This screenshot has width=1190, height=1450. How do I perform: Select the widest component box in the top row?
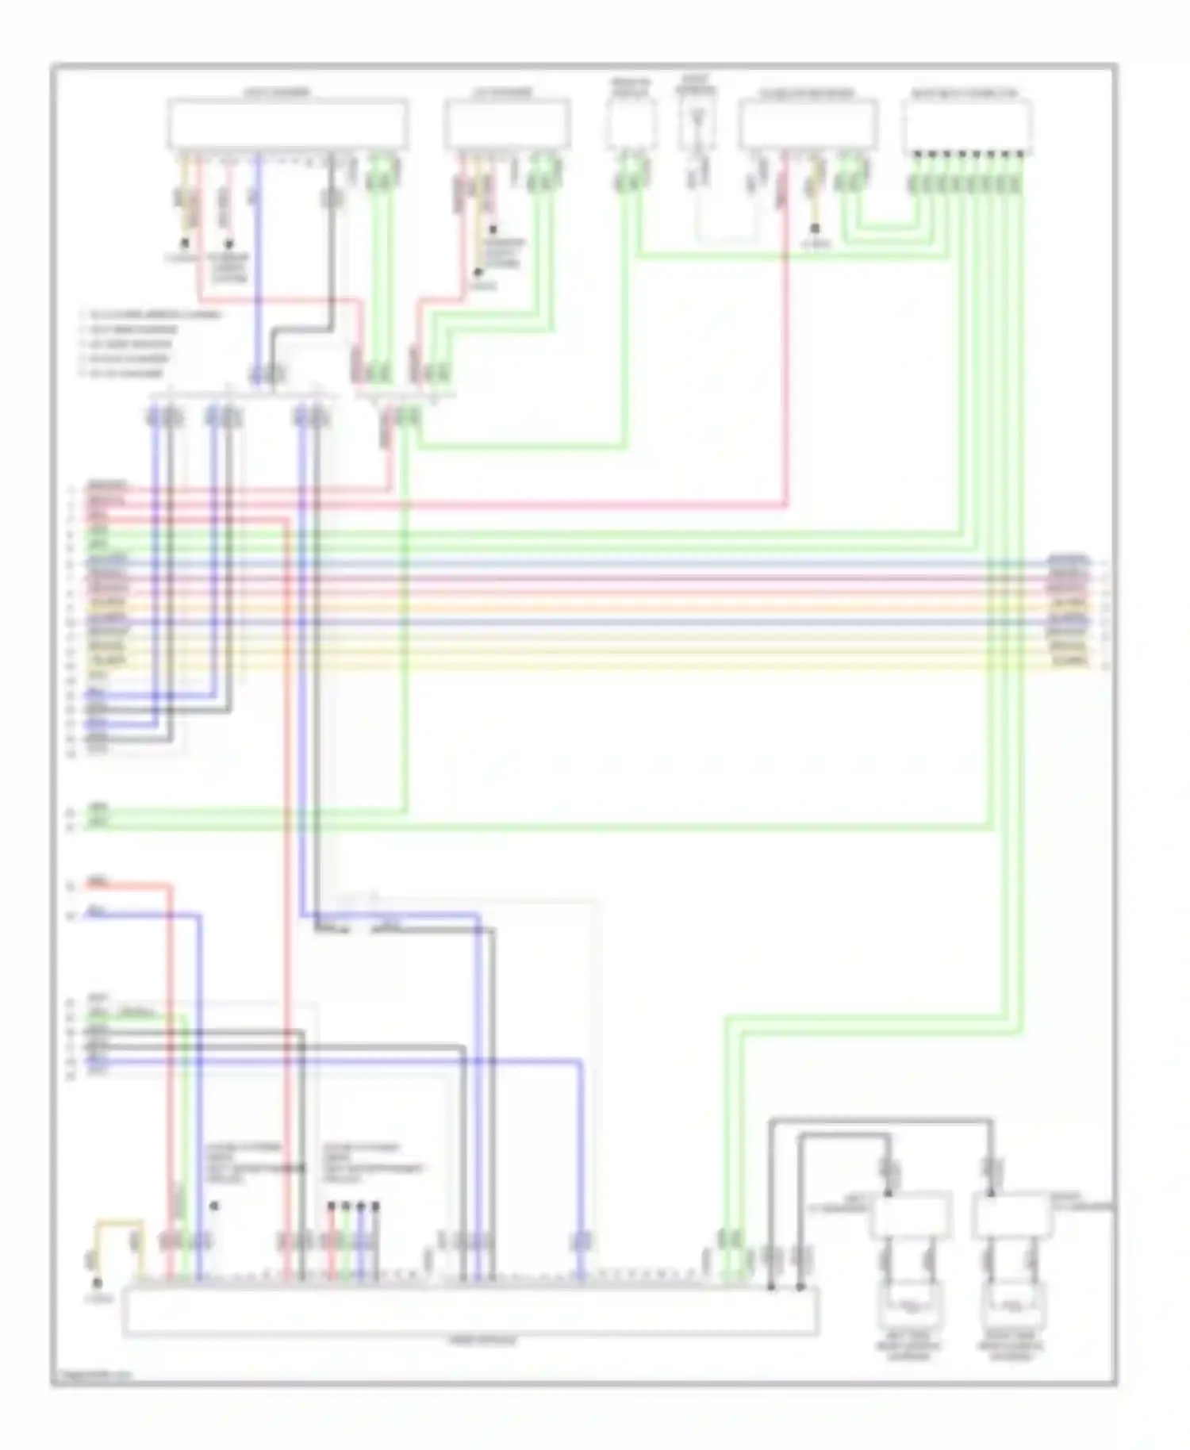[x=287, y=124]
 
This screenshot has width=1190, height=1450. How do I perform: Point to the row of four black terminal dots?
[x=353, y=1206]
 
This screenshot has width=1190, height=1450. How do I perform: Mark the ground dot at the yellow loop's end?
[x=98, y=1283]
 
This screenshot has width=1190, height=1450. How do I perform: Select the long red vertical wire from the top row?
[x=785, y=333]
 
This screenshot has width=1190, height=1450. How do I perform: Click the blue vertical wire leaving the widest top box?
[x=258, y=262]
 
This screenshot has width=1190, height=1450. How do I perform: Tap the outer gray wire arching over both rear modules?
[x=881, y=1121]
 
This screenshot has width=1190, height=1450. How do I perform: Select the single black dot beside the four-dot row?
[x=214, y=1206]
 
